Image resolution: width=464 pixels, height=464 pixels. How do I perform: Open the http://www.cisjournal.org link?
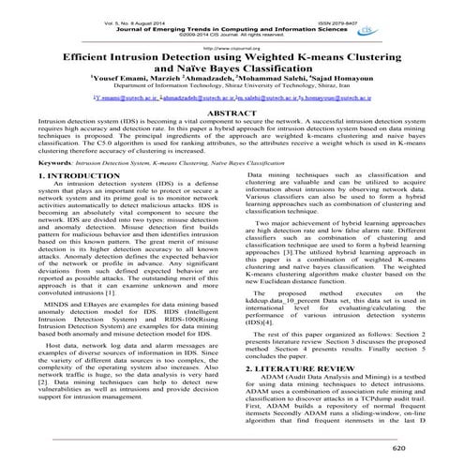pyautogui.click(x=231, y=43)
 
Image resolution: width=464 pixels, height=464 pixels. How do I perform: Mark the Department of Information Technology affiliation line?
pyautogui.click(x=231, y=89)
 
